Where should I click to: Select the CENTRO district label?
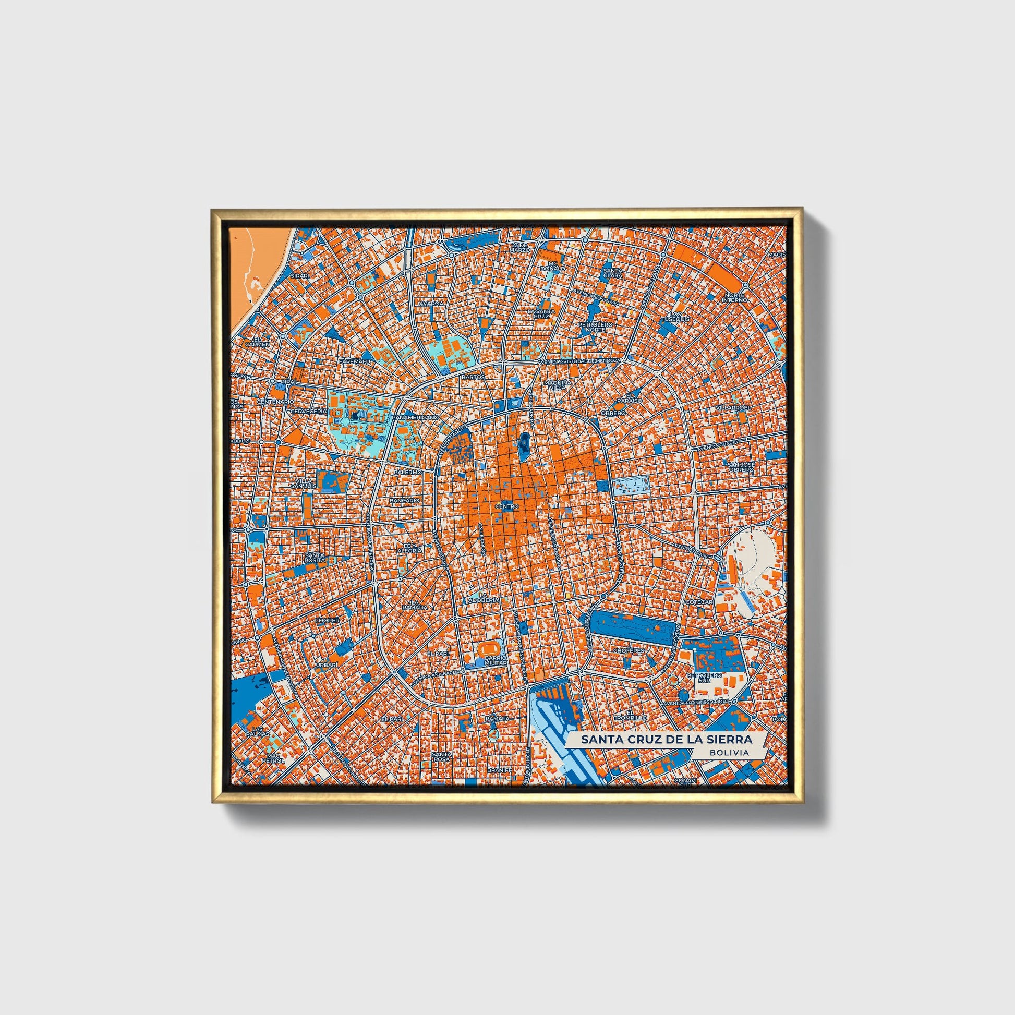[507, 506]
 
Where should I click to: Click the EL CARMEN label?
[261, 342]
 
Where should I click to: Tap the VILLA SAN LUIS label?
[304, 484]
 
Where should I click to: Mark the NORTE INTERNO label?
[734, 297]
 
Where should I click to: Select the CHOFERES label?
[629, 650]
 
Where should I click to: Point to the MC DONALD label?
[555, 266]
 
